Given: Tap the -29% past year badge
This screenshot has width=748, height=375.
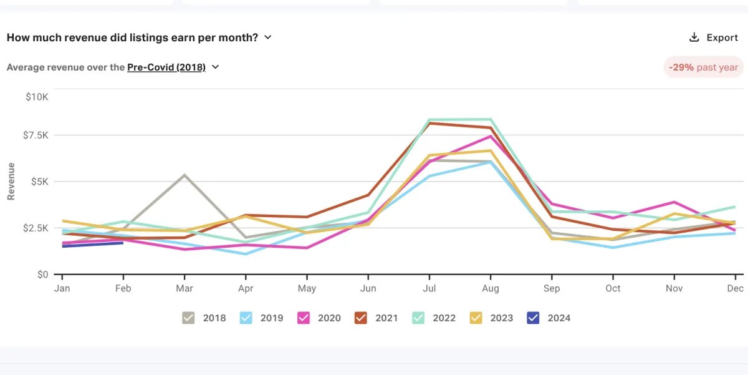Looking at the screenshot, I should [x=703, y=67].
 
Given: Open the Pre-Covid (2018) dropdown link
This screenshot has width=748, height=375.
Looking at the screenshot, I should [x=166, y=67].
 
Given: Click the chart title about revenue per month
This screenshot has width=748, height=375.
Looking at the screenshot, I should [x=132, y=37].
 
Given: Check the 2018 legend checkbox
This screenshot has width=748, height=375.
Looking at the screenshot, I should [x=189, y=318].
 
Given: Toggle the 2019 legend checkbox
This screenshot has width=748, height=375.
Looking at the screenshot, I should [x=246, y=318].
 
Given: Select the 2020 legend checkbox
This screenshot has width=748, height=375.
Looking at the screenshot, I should [x=304, y=318].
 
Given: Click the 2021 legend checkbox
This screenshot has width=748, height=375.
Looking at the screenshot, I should [x=361, y=318].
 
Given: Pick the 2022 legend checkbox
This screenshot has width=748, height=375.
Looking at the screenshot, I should [x=418, y=318].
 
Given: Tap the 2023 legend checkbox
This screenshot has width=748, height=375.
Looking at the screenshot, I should [x=476, y=318].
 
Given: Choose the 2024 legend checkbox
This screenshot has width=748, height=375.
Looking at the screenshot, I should [x=534, y=318].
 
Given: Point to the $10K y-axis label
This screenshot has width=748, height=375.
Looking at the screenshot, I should [x=36, y=97].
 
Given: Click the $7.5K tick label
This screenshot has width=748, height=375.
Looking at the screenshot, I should [x=35, y=135].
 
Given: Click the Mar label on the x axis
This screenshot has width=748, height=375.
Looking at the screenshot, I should [x=185, y=288].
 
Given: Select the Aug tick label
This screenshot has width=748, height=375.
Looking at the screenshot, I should [x=491, y=288].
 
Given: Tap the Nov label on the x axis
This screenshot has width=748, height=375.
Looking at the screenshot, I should [x=674, y=288].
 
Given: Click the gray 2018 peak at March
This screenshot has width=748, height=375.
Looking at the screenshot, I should [x=185, y=175].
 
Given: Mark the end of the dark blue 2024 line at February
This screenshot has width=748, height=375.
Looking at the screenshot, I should [x=123, y=243].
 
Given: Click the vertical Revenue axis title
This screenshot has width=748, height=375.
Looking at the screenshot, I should [x=11, y=182].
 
